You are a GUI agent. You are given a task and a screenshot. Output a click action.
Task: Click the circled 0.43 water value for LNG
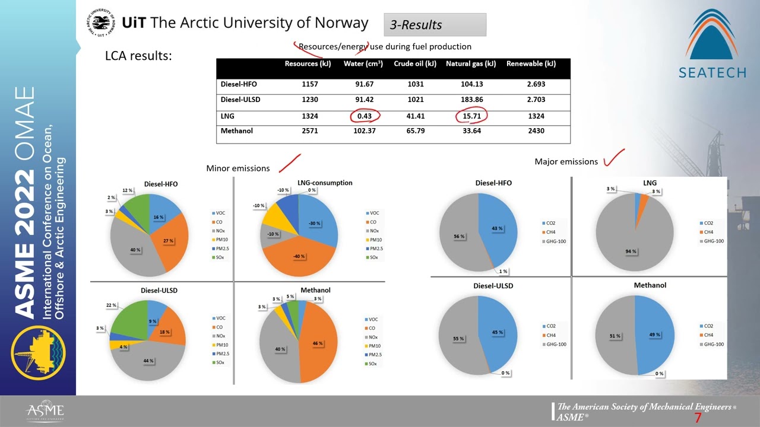364,116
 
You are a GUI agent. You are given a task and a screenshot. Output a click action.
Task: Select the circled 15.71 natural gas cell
471,116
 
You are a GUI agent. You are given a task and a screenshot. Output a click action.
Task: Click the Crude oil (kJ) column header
415,64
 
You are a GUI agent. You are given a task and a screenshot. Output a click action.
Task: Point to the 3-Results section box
435,25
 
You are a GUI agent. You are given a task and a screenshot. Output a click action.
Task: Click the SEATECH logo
712,44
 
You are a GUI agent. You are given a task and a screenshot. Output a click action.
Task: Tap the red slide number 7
698,419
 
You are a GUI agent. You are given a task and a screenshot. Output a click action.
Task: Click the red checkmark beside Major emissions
614,158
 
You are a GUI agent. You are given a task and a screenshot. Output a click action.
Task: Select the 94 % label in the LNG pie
630,251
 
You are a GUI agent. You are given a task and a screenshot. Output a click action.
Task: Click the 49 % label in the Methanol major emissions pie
654,335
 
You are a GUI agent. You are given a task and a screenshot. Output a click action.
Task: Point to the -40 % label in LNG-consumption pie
299,256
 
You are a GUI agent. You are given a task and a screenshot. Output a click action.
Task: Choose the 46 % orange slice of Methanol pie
318,343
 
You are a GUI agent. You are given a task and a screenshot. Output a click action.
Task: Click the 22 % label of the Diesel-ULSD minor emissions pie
111,305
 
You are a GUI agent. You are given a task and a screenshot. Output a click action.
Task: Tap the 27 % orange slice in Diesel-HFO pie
168,241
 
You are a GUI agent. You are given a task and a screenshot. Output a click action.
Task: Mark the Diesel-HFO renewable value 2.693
536,84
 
